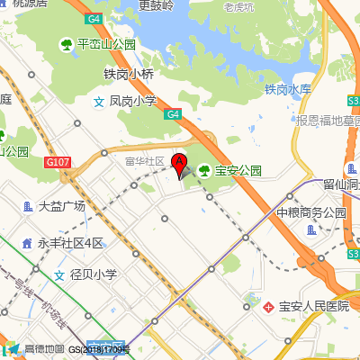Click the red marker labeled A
click(x=179, y=164)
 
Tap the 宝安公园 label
click(x=237, y=169)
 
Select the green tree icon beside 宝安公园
click(x=204, y=169)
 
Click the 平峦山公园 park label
click(x=105, y=43)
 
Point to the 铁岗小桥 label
click(x=130, y=75)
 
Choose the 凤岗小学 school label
click(x=132, y=103)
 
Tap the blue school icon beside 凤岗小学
click(x=99, y=103)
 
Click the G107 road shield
click(x=56, y=162)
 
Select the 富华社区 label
click(x=145, y=161)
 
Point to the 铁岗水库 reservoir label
click(x=287, y=89)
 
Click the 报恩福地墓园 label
click(x=326, y=121)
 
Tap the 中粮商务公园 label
click(x=310, y=213)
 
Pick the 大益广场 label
click(x=61, y=206)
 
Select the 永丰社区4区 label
click(x=70, y=243)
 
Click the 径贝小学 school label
click(x=93, y=275)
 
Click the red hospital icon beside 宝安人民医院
click(x=268, y=307)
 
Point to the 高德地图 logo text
click(x=44, y=349)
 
